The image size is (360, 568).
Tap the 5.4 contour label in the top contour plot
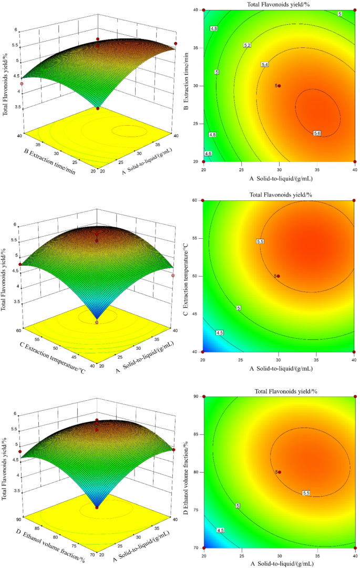tap(265, 64)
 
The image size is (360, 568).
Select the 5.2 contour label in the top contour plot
tap(248, 46)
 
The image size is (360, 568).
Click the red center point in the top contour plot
tap(279, 86)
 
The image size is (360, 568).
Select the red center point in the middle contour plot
tap(279, 276)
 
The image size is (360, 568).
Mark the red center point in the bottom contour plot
tap(279, 472)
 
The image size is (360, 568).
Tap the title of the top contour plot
tap(279, 4)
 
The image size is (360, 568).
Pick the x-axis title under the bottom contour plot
tap(279, 564)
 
